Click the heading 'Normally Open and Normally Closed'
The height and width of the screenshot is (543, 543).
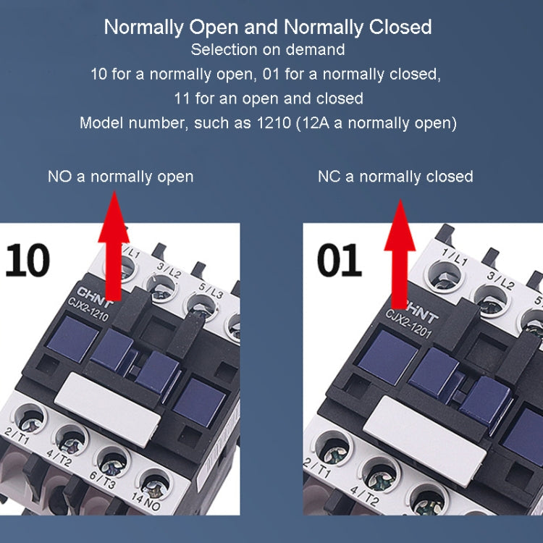(268, 28)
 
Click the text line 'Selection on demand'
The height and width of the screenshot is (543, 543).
(268, 51)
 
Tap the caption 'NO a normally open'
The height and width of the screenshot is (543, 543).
(120, 177)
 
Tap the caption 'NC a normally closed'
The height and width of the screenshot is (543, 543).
(395, 177)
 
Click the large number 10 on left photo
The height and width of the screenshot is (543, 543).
(28, 260)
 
